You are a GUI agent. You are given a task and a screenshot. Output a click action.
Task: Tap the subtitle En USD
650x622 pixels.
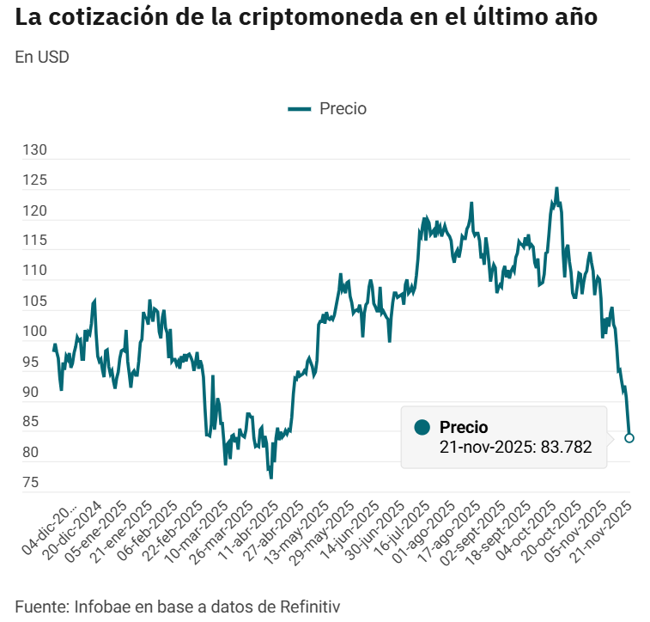42,58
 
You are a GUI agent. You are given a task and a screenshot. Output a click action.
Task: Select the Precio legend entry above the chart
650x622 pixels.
328,108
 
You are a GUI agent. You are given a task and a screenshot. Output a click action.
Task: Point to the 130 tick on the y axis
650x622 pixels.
34,150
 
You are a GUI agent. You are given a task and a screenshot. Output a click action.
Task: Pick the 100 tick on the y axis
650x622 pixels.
34,332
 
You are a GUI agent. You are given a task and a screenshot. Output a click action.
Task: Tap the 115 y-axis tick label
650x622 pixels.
34,241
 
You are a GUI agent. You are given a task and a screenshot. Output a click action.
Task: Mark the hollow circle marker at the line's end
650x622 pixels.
629,438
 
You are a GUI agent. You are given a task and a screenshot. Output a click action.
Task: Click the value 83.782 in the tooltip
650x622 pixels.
566,447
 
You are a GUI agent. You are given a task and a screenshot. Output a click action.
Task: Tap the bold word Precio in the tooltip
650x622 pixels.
464,427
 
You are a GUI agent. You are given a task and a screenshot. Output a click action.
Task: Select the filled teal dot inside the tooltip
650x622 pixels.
422,428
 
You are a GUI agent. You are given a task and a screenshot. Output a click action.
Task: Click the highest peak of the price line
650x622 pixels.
556,188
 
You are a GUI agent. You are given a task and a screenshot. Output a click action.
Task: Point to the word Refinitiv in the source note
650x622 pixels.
310,606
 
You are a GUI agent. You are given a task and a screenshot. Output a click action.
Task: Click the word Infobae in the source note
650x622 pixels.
100,606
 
